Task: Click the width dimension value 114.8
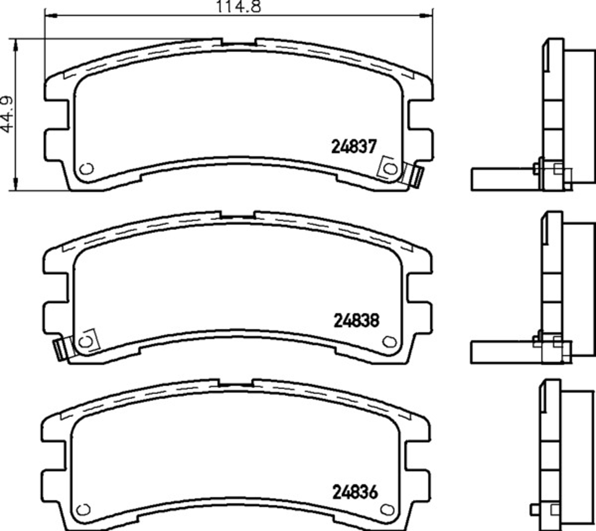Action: [x=238, y=6]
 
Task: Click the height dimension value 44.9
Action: [x=7, y=114]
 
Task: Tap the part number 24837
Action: [x=354, y=146]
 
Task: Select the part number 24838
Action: [x=356, y=320]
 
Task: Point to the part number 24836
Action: [x=355, y=492]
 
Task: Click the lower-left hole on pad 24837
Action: [x=87, y=169]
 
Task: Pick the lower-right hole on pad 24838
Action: [x=389, y=342]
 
